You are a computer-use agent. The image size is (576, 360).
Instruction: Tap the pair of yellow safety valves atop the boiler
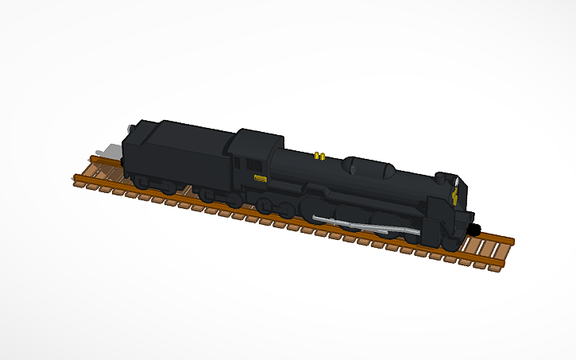click(319, 154)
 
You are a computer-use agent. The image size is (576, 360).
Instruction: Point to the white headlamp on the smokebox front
click(458, 182)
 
